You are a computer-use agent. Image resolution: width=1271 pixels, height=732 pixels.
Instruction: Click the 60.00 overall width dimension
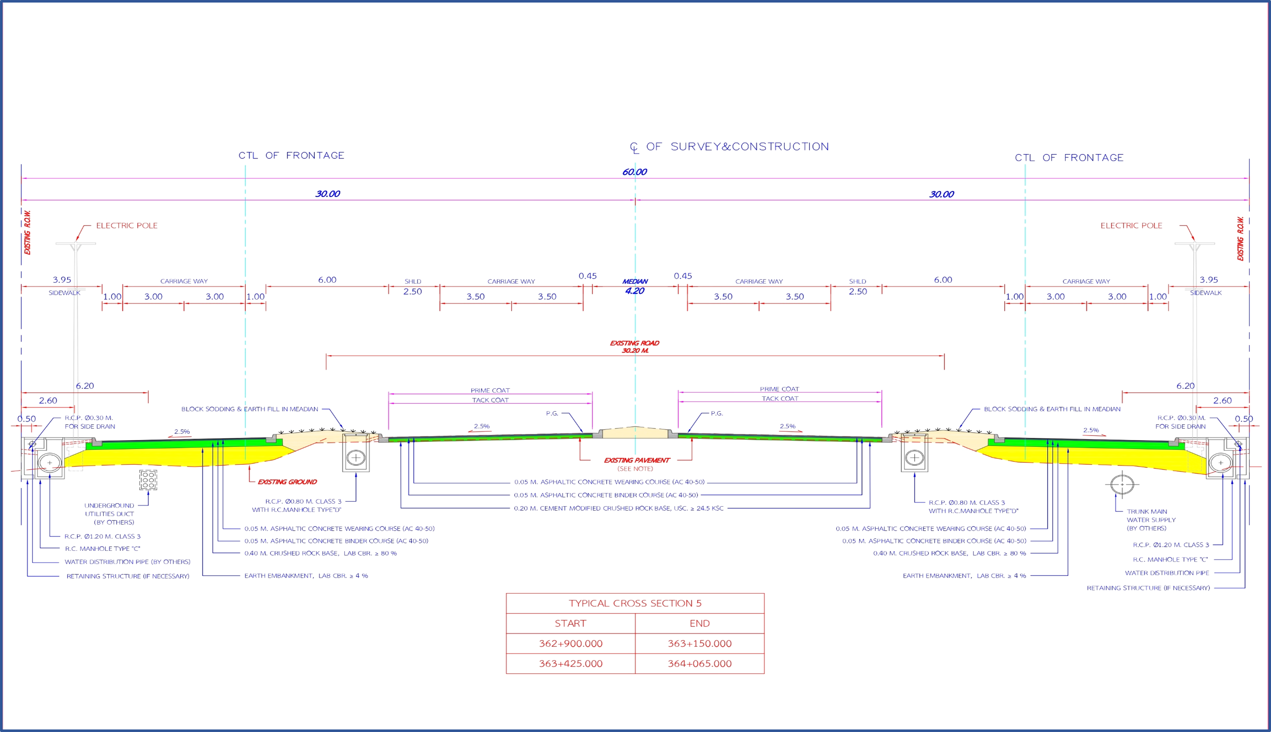634,172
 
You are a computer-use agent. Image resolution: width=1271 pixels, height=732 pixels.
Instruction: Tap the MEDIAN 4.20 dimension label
635,287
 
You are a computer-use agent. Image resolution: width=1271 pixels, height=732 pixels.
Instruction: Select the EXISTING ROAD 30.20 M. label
635,347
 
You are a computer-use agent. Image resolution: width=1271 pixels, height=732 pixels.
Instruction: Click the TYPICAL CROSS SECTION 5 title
635,603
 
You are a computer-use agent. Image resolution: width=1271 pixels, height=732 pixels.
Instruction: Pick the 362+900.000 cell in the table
571,644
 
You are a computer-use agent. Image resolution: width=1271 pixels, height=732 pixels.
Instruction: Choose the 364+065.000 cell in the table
700,664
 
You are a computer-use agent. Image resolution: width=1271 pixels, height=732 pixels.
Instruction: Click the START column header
571,623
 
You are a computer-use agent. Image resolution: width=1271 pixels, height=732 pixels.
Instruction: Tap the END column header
700,623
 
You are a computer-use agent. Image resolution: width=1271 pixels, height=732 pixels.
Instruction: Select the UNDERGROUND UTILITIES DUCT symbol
148,480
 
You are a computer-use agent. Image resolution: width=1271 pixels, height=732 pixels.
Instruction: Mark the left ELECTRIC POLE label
127,226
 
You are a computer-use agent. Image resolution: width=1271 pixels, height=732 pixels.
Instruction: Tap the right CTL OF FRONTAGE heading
1069,158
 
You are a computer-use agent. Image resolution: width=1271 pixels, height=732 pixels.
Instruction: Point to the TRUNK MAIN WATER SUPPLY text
1151,520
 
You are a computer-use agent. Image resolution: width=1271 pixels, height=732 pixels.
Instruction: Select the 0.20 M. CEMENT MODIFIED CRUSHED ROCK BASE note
618,508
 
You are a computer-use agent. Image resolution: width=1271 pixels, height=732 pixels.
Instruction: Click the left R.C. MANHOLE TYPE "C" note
102,549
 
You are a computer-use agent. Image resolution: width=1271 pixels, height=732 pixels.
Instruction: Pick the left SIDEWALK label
64,293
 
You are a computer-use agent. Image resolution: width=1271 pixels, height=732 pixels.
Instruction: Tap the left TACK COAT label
490,400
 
